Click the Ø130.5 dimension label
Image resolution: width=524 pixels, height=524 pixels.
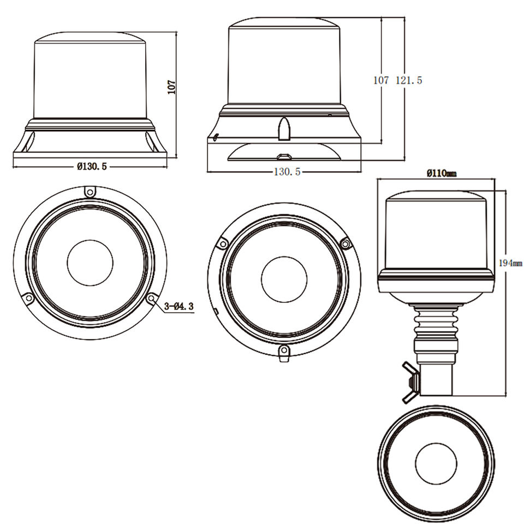(x=92, y=166)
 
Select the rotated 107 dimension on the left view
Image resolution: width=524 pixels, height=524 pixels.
(x=171, y=87)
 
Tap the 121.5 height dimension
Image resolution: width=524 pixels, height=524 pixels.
(x=409, y=80)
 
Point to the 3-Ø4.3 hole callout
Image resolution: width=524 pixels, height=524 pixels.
(x=179, y=306)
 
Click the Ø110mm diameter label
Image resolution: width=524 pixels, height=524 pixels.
(x=442, y=173)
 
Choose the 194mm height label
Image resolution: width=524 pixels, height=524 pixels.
(x=510, y=263)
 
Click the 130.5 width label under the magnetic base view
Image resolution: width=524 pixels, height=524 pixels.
(x=287, y=172)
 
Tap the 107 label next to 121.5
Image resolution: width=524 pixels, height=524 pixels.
(x=381, y=80)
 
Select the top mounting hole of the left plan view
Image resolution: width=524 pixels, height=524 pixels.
(x=90, y=192)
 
